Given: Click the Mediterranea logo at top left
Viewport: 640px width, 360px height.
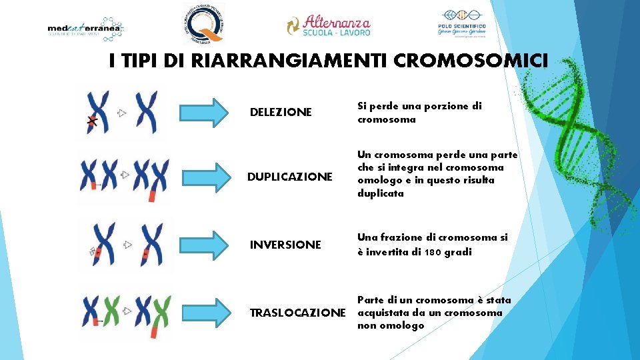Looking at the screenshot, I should [86, 29].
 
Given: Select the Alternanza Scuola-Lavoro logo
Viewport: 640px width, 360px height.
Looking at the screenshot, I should [328, 25].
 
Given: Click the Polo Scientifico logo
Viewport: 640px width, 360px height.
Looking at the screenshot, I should [462, 25].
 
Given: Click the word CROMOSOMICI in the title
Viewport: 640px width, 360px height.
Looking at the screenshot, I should [471, 61].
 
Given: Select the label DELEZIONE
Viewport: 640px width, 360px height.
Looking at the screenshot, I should [280, 112].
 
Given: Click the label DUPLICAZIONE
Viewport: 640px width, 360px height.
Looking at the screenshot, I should [289, 177].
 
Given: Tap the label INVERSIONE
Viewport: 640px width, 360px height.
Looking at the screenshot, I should [285, 245].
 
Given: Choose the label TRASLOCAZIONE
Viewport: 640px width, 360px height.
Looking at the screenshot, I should [297, 313].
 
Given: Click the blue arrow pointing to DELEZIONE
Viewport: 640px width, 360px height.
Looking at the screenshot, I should [204, 112].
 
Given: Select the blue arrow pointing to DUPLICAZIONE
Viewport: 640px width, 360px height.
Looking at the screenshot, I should [204, 177].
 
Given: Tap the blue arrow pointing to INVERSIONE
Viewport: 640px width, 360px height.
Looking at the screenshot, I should [204, 245].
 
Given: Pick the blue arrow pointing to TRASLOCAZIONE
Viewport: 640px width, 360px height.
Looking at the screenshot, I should [204, 313].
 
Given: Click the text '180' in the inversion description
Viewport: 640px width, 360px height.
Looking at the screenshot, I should [429, 252].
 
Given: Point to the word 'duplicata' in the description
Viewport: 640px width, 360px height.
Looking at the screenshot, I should [381, 193].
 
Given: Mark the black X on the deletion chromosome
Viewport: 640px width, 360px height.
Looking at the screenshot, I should [93, 121].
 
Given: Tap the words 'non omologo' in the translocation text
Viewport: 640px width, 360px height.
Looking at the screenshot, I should [391, 325].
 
